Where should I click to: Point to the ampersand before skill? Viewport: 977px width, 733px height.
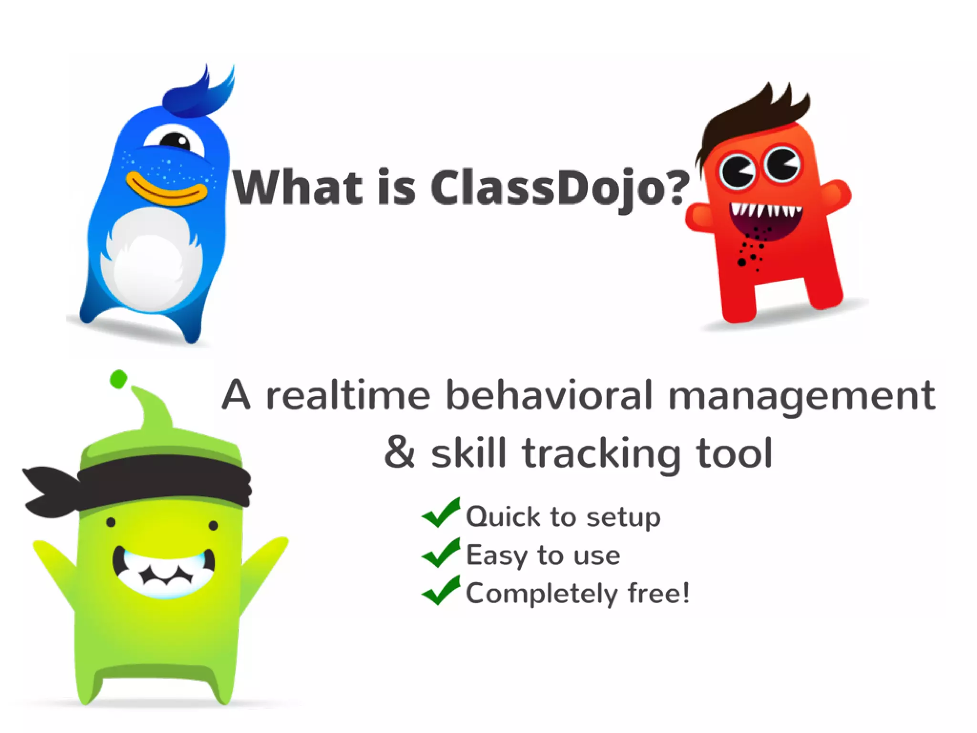tap(400, 452)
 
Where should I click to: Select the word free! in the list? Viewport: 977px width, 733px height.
tap(658, 593)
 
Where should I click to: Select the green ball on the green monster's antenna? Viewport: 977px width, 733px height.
tap(118, 379)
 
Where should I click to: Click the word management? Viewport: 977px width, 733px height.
tap(801, 396)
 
